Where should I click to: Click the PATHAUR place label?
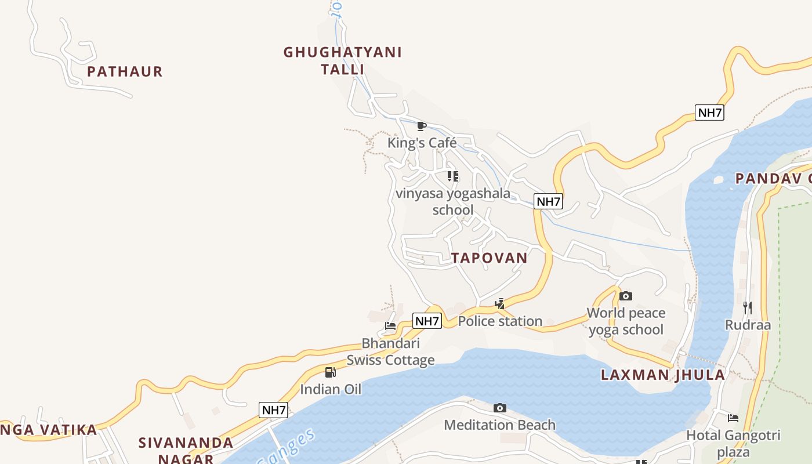click(125, 72)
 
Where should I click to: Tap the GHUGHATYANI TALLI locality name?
click(342, 61)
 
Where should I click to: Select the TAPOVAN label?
click(490, 258)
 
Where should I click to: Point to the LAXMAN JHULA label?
click(663, 375)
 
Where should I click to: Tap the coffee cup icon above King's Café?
click(422, 126)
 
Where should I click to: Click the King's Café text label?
click(422, 143)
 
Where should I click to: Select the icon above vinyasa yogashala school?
click(453, 176)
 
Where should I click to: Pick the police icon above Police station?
click(499, 304)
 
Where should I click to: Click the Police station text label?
click(500, 321)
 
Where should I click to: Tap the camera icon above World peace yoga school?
click(625, 296)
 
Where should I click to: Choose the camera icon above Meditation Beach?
click(499, 408)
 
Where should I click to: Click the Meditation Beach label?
click(499, 425)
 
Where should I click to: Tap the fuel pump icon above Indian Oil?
click(330, 372)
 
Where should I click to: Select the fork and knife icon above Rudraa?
click(748, 307)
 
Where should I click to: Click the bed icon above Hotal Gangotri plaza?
click(733, 418)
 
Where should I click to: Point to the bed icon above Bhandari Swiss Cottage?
click(390, 326)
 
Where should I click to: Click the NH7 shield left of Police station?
click(427, 321)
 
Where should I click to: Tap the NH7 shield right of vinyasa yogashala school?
click(548, 202)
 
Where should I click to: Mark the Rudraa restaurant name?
click(748, 324)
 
